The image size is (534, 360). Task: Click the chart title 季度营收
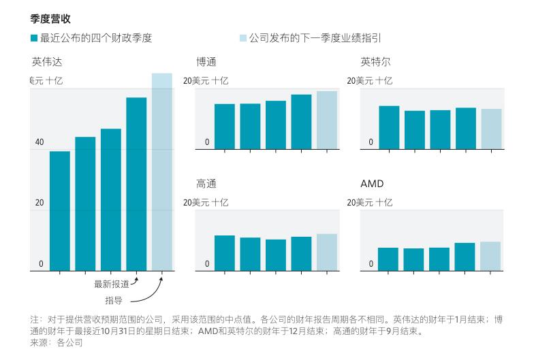click(50, 19)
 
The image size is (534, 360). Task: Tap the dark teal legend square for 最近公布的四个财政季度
click(34, 38)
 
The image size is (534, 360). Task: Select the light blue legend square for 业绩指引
click(242, 38)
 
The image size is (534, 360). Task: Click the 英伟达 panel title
click(46, 62)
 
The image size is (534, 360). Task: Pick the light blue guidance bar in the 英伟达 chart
click(161, 170)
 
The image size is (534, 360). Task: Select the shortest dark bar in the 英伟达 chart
click(60, 210)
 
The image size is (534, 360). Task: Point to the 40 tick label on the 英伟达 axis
click(40, 142)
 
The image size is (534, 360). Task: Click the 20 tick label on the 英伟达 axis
click(40, 203)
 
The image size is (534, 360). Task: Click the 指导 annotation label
click(114, 300)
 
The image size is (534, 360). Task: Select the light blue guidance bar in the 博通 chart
click(327, 120)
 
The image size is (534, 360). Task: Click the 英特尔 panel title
click(375, 62)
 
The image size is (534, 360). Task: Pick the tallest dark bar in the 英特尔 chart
click(389, 127)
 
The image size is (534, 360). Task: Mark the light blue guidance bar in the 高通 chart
click(327, 252)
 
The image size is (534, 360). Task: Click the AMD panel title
click(372, 184)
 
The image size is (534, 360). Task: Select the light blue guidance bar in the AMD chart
click(490, 256)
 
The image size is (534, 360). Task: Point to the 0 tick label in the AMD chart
click(371, 264)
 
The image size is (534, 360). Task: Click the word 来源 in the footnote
click(40, 343)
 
